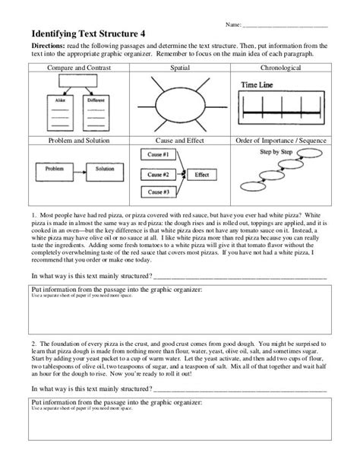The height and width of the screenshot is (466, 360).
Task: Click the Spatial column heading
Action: click(x=181, y=68)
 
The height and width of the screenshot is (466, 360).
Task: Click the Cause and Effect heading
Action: click(x=180, y=141)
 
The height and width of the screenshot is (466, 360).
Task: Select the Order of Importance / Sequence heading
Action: click(x=281, y=141)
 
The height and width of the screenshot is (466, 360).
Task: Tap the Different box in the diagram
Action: click(x=95, y=100)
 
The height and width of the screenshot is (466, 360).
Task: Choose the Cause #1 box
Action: click(x=156, y=154)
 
